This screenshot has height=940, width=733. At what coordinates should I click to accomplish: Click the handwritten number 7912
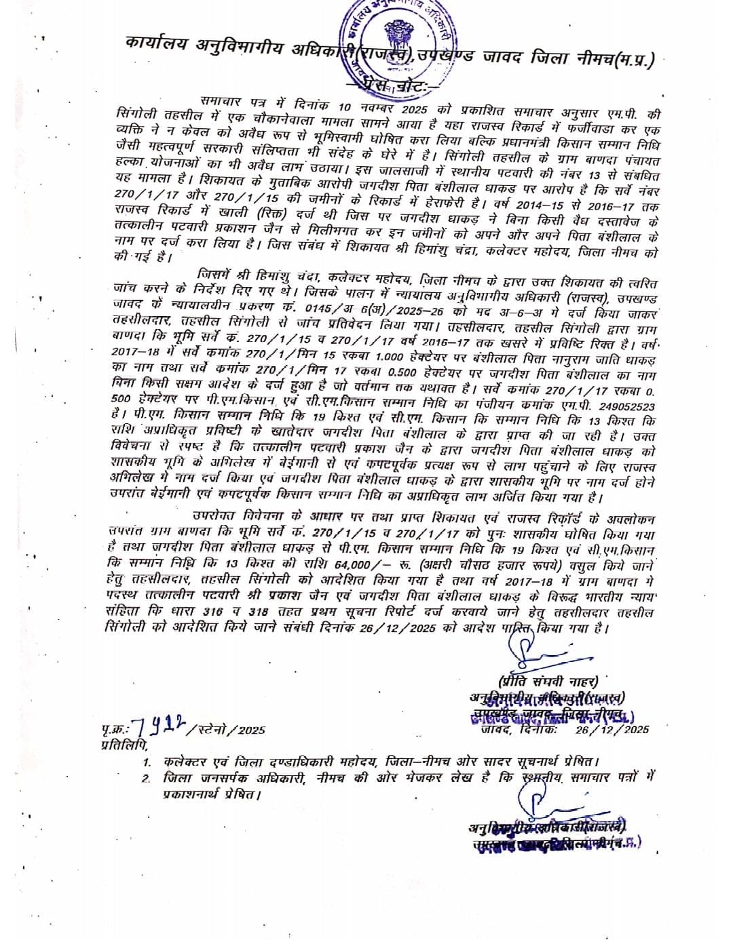[x=158, y=727]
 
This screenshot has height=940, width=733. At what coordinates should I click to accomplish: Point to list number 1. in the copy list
[x=147, y=761]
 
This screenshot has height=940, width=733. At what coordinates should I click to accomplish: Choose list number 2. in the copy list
[x=147, y=777]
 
